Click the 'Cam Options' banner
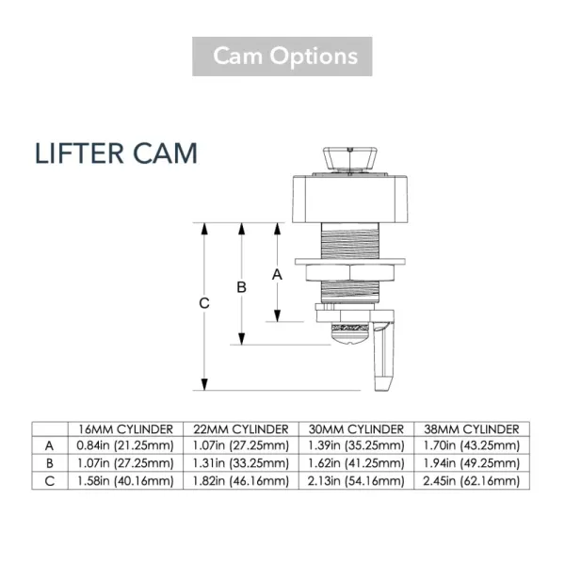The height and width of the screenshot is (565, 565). pyautogui.click(x=282, y=56)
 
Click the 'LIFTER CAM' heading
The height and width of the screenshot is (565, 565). pyautogui.click(x=116, y=153)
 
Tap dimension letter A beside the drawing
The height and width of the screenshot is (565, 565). pyautogui.click(x=277, y=275)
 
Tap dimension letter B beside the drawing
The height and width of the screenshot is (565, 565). pyautogui.click(x=241, y=287)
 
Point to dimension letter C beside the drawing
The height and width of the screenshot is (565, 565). pyautogui.click(x=204, y=303)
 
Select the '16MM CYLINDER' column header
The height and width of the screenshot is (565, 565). pyautogui.click(x=125, y=429)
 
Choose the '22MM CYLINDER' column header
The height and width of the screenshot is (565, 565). pyautogui.click(x=241, y=429)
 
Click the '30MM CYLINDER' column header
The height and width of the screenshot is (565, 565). pyautogui.click(x=356, y=429)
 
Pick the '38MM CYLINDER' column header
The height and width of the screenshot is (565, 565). pyautogui.click(x=472, y=429)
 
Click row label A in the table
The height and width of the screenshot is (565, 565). pyautogui.click(x=49, y=446)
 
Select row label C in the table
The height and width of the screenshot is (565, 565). pyautogui.click(x=49, y=481)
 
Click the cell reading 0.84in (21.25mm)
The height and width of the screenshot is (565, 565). pyautogui.click(x=125, y=445)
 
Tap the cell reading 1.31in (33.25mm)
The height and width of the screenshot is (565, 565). pyautogui.click(x=241, y=463)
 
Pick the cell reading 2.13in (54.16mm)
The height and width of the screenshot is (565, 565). pyautogui.click(x=356, y=481)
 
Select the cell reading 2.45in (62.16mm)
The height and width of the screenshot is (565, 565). pyautogui.click(x=472, y=481)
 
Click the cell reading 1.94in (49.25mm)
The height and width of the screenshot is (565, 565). pyautogui.click(x=472, y=463)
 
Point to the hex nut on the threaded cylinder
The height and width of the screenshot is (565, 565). pyautogui.click(x=350, y=273)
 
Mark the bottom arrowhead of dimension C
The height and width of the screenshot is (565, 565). pyautogui.click(x=204, y=384)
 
